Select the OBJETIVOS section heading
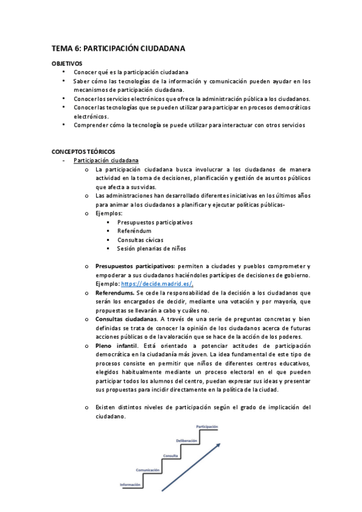click(x=67, y=63)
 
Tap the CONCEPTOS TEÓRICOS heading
click(x=83, y=151)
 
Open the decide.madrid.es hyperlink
click(x=156, y=284)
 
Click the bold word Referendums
click(x=115, y=292)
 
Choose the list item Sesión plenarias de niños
click(x=151, y=248)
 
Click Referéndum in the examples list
click(x=134, y=231)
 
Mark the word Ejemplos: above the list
click(x=109, y=213)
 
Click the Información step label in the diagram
click(x=131, y=485)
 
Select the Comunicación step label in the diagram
click(x=147, y=469)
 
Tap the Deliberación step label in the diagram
click(x=187, y=440)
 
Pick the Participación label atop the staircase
click(x=207, y=426)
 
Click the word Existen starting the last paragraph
click(x=107, y=408)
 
